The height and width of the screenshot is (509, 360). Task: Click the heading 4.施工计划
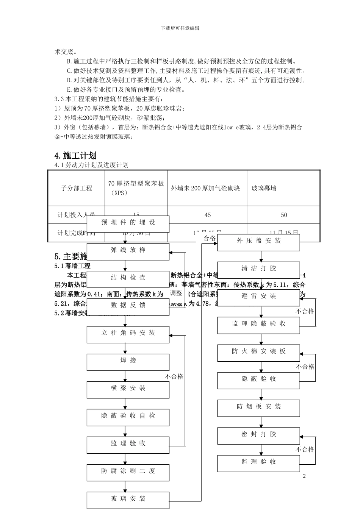[x=75, y=156]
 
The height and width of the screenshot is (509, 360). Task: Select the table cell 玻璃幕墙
[x=264, y=188]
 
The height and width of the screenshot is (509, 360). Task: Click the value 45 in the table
[x=208, y=215]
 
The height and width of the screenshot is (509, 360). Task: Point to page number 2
[x=304, y=476]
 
